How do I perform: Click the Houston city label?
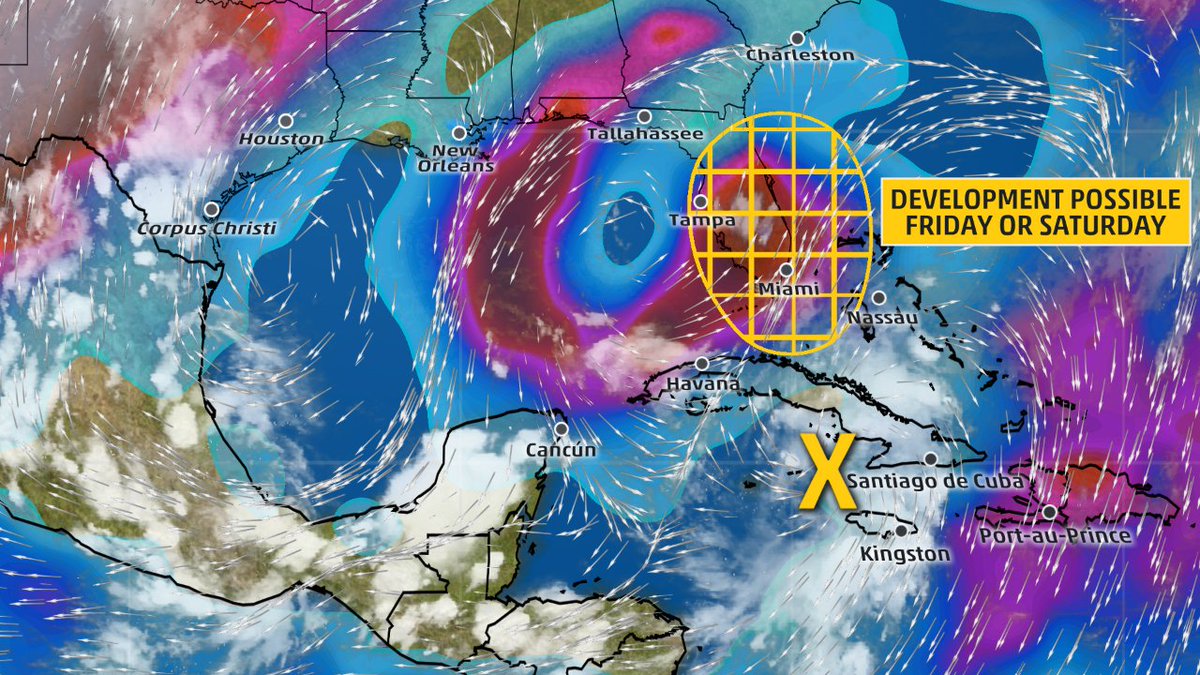[x=282, y=140]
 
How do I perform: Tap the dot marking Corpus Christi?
[x=212, y=210]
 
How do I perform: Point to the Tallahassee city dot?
[x=644, y=117]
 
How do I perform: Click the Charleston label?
[x=800, y=55]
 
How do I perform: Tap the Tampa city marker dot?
[x=701, y=202]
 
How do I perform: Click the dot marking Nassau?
[x=878, y=297]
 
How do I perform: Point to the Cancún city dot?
[x=561, y=429]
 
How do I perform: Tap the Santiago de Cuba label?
[x=935, y=481]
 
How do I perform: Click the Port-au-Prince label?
[x=1055, y=536]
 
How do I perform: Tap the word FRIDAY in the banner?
[x=953, y=227]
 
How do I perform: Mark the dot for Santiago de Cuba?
[x=931, y=459]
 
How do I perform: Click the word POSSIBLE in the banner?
[x=1107, y=198]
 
